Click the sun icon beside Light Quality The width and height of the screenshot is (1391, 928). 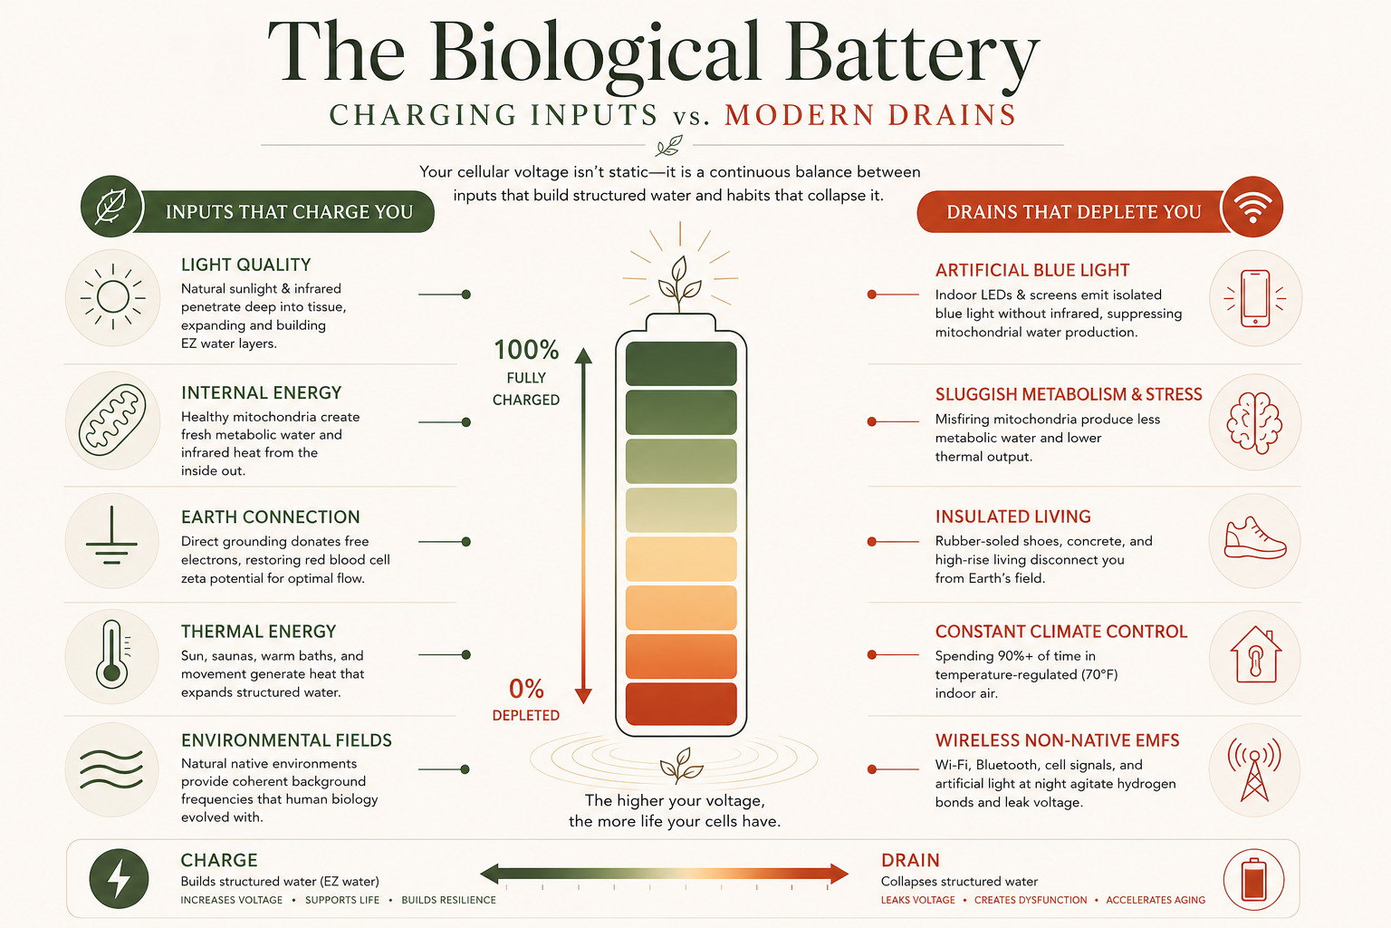[112, 296]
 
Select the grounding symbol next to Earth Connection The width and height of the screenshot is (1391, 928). [111, 536]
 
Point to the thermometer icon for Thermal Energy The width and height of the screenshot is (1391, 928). [113, 654]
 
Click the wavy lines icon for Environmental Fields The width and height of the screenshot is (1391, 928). [111, 768]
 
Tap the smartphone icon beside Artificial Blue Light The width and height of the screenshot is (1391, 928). [1255, 298]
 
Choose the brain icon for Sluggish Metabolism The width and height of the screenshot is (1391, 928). [1254, 422]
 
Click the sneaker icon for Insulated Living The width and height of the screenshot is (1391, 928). [1255, 538]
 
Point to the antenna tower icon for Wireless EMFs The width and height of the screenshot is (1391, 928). [1254, 769]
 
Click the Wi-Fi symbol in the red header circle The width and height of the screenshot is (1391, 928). [1252, 207]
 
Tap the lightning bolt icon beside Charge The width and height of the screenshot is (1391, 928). [119, 878]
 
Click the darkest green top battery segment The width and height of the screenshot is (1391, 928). [681, 363]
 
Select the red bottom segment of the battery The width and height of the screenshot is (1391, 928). [681, 704]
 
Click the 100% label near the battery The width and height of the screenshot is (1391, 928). [526, 350]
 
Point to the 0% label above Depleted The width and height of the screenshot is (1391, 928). [526, 689]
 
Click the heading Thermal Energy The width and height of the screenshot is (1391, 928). [258, 632]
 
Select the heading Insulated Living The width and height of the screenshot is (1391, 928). [1012, 517]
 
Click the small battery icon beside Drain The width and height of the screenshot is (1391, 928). [1253, 880]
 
